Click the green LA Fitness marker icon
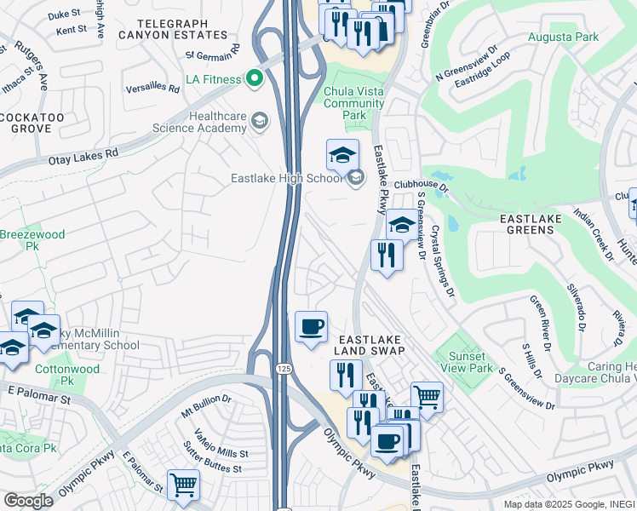click(x=254, y=79)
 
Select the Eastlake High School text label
click(x=287, y=178)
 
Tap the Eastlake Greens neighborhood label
click(x=530, y=224)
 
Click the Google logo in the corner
click(x=27, y=501)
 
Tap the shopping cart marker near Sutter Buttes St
click(x=183, y=485)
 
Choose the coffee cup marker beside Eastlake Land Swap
click(x=311, y=326)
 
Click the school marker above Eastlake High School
click(x=342, y=155)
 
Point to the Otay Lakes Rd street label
click(x=88, y=157)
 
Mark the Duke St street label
click(x=63, y=14)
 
